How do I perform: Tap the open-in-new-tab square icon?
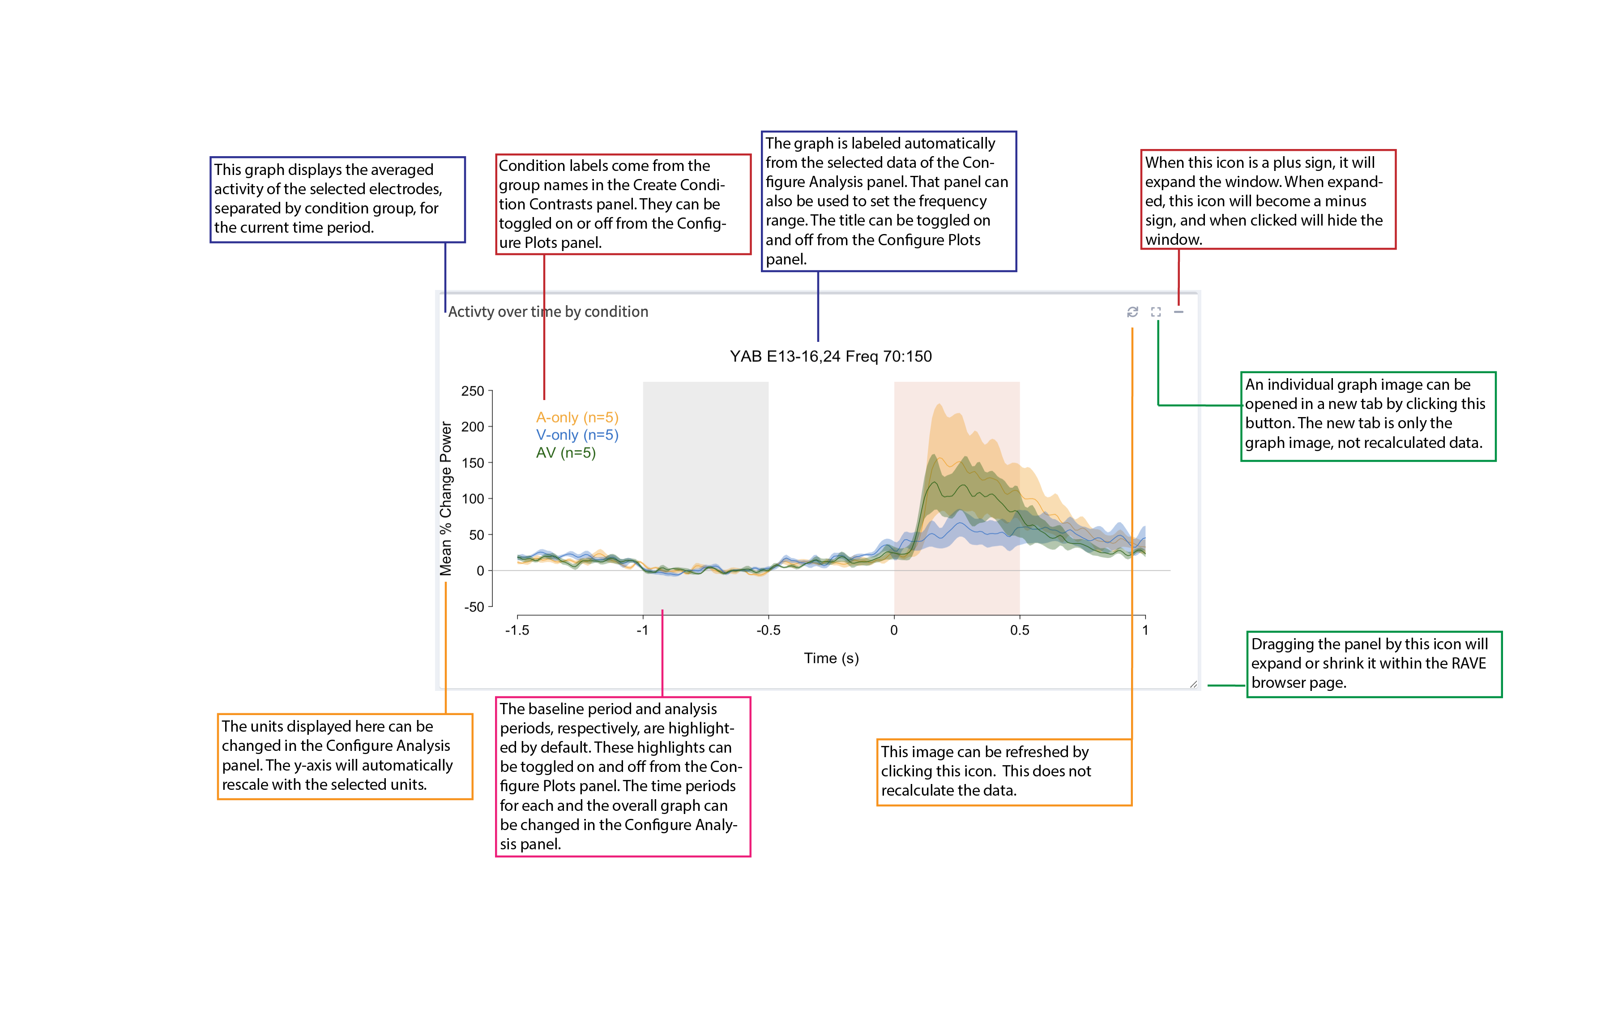point(1156,312)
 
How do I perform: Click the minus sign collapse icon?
point(1179,312)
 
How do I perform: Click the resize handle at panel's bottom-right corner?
point(1193,684)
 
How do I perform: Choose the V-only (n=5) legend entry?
point(576,435)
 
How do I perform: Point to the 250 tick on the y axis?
point(473,391)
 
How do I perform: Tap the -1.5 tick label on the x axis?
point(517,630)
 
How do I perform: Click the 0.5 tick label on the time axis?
point(1019,630)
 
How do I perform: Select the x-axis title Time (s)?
point(831,658)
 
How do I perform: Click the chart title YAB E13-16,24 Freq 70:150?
point(830,356)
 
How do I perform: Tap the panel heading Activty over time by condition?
point(548,312)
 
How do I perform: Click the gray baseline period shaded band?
point(705,482)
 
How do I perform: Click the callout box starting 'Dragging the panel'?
point(1373,664)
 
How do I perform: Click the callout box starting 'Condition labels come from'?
point(623,204)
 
